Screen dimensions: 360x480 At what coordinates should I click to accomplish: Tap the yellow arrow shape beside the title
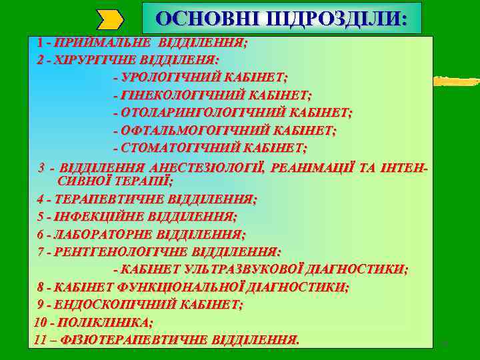(x=110, y=19)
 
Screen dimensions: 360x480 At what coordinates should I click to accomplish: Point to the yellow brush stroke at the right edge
(x=457, y=81)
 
